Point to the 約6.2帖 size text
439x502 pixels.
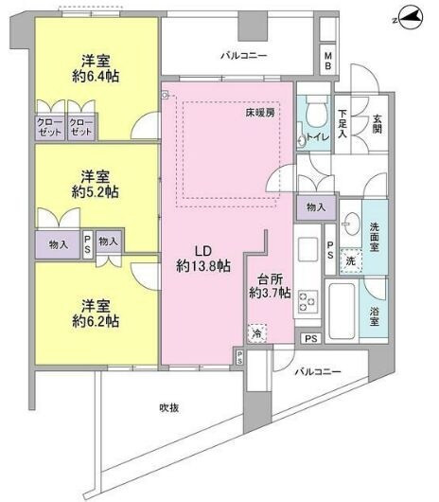pyautogui.click(x=98, y=322)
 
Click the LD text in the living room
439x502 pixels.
pyautogui.click(x=202, y=251)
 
